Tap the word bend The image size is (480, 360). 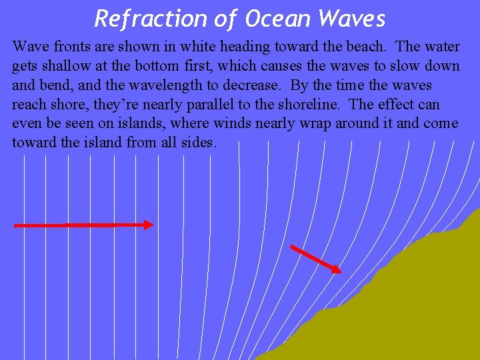57,85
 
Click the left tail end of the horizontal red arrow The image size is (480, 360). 17,226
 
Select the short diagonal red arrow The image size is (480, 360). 315,259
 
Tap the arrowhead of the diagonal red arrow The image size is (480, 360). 337,269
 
